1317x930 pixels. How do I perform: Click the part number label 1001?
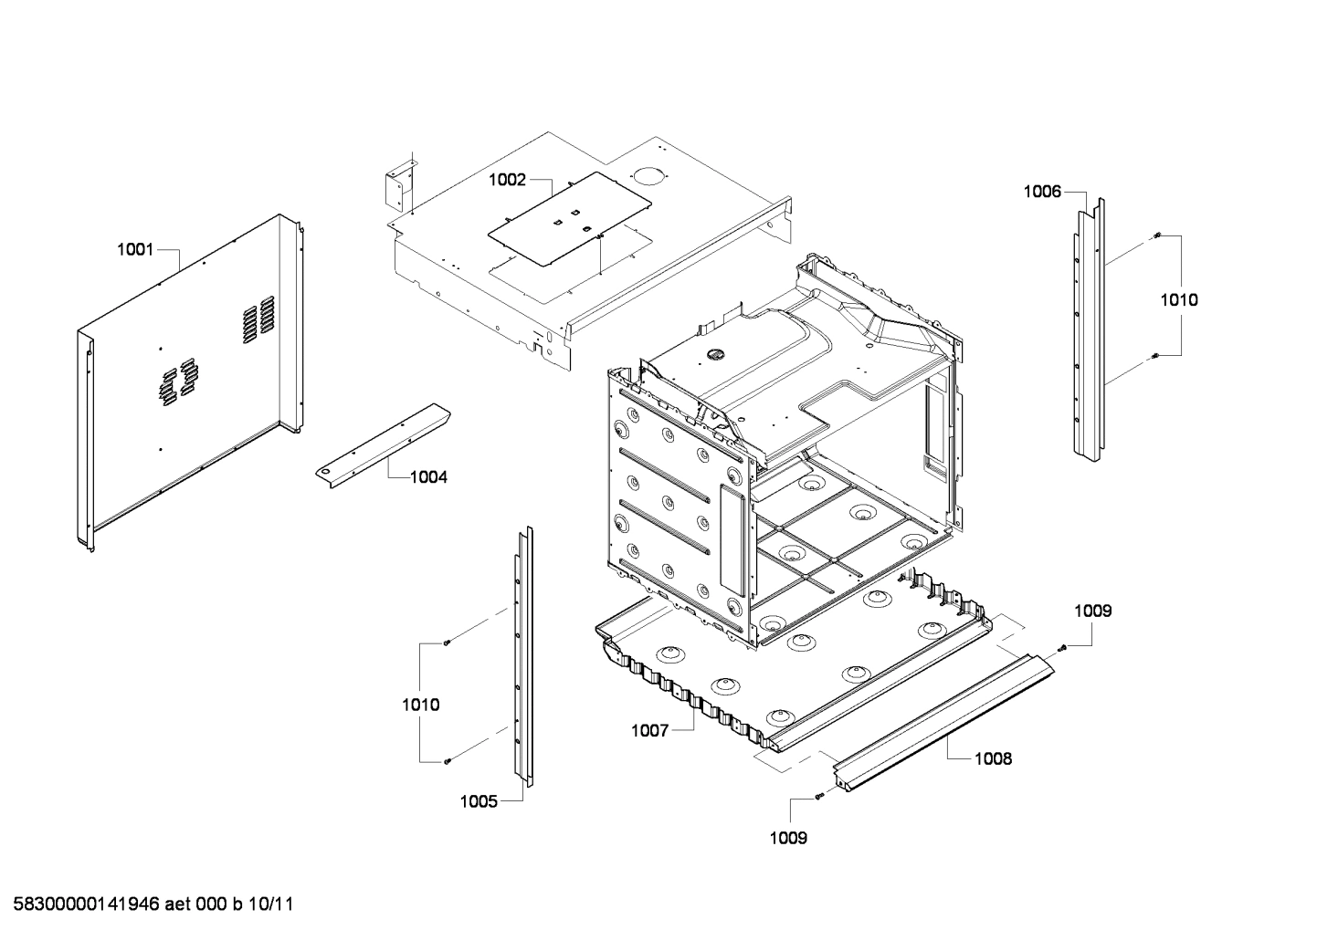135,249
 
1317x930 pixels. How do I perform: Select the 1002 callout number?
507,180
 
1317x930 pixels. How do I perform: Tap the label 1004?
428,476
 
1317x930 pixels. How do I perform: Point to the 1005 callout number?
479,801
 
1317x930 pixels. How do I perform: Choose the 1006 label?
1042,191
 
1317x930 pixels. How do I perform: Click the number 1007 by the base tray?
650,730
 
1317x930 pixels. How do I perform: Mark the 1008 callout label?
993,758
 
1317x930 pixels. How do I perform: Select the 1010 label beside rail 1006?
1179,299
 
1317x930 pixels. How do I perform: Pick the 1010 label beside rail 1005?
420,705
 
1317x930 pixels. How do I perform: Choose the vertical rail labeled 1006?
1089,329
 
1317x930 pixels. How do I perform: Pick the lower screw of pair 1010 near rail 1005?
447,760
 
